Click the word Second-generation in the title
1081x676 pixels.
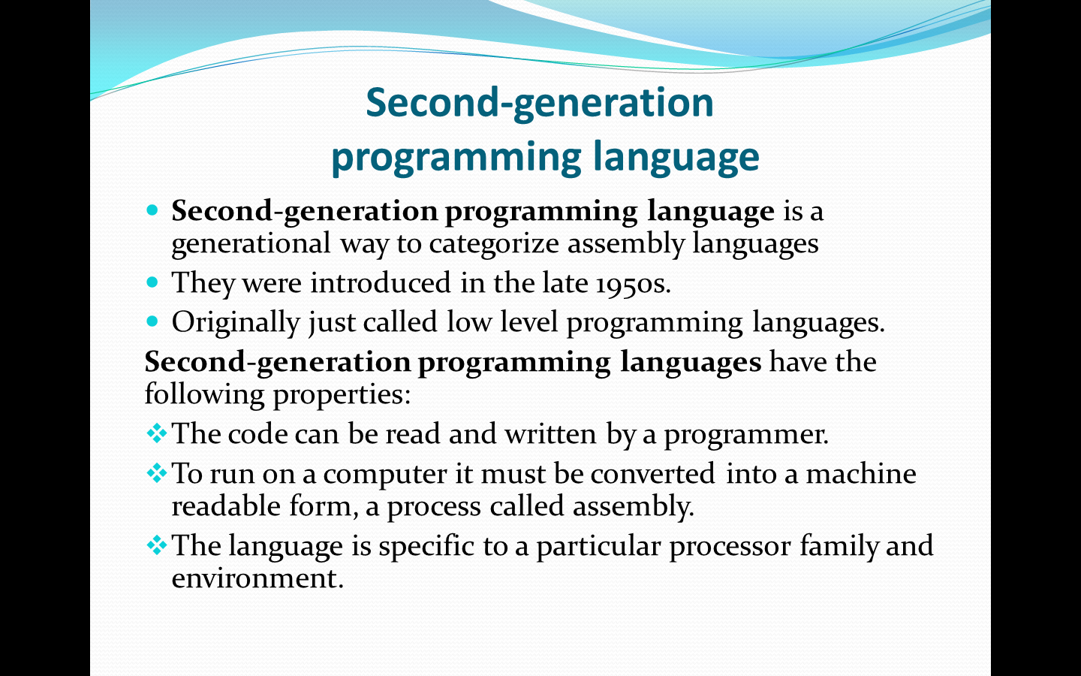coord(540,103)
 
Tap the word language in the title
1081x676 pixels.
coord(676,157)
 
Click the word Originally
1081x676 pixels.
coord(236,323)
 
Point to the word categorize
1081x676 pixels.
coord(494,244)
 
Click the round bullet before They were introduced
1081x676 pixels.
coord(152,282)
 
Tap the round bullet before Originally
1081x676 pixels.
coord(152,321)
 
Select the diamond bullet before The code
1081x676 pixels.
coord(157,433)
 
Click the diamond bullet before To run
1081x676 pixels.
coord(157,473)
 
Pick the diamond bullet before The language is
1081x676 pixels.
coord(157,545)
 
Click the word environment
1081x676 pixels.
coord(257,579)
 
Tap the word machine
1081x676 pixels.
coord(861,473)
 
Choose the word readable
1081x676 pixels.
coord(226,506)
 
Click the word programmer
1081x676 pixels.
coord(746,436)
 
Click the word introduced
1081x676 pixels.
coord(381,282)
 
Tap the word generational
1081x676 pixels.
coord(251,244)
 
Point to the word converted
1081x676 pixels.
coord(652,473)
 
